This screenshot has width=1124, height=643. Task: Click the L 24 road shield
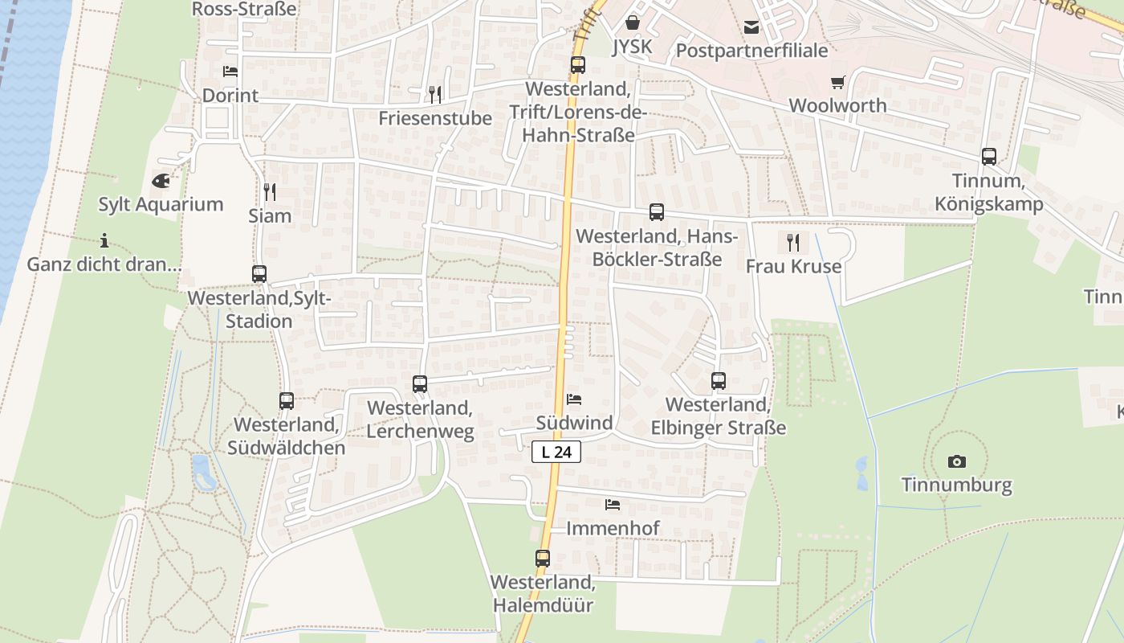tap(556, 452)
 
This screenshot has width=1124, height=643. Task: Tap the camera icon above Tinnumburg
tap(956, 461)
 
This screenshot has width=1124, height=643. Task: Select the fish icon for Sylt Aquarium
tap(161, 181)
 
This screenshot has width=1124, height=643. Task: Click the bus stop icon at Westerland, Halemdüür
tap(543, 558)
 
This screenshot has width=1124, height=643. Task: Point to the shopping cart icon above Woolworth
tap(838, 82)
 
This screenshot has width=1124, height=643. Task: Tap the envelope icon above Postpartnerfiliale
tap(751, 28)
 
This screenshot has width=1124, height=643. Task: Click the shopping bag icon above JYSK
tap(633, 23)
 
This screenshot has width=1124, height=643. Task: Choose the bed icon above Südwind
tap(574, 399)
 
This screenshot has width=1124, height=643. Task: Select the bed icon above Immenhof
tap(613, 505)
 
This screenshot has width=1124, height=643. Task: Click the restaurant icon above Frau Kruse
tap(793, 242)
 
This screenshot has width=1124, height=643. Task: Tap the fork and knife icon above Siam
tap(270, 192)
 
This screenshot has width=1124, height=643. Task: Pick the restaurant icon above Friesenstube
tap(435, 95)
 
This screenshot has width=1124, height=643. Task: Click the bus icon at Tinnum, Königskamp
tap(989, 157)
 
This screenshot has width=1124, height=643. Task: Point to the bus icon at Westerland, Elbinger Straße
tap(719, 380)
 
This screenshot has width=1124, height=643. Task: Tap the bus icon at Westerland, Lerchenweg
tap(420, 384)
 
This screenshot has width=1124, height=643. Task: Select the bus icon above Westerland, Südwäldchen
tap(287, 400)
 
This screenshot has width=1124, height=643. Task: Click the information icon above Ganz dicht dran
tap(104, 240)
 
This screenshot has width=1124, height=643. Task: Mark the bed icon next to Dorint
tap(230, 72)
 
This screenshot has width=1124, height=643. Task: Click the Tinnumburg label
tap(956, 485)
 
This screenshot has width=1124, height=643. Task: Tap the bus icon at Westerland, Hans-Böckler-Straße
tap(657, 212)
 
